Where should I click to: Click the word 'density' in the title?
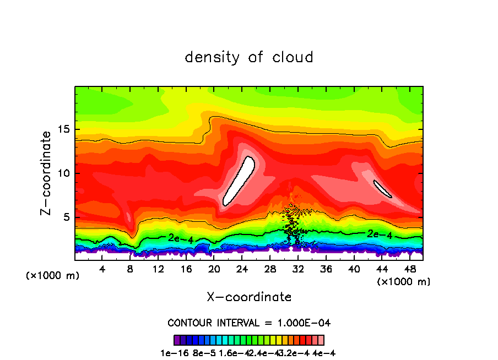pos(213,57)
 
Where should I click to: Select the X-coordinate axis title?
pos(249,297)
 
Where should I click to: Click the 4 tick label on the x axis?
pos(102,269)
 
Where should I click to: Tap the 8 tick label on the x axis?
pos(131,269)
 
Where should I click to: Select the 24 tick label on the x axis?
pos(242,269)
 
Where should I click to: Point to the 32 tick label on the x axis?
pos(298,269)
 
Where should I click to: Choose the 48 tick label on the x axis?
pos(409,269)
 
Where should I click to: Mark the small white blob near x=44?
pos(382,188)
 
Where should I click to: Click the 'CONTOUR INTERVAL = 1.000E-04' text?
pos(249,323)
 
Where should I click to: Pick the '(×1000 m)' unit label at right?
pos(404,282)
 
